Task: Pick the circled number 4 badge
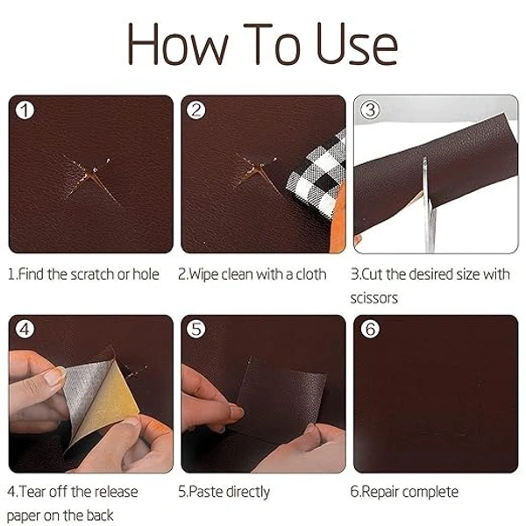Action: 26,331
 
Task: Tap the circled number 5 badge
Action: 197,331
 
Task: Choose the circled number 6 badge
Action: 370,331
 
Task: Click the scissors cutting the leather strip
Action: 427,202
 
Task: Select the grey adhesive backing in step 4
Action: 83,386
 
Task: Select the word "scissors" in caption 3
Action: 374,298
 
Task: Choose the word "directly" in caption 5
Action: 246,492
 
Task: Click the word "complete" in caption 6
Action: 430,492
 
